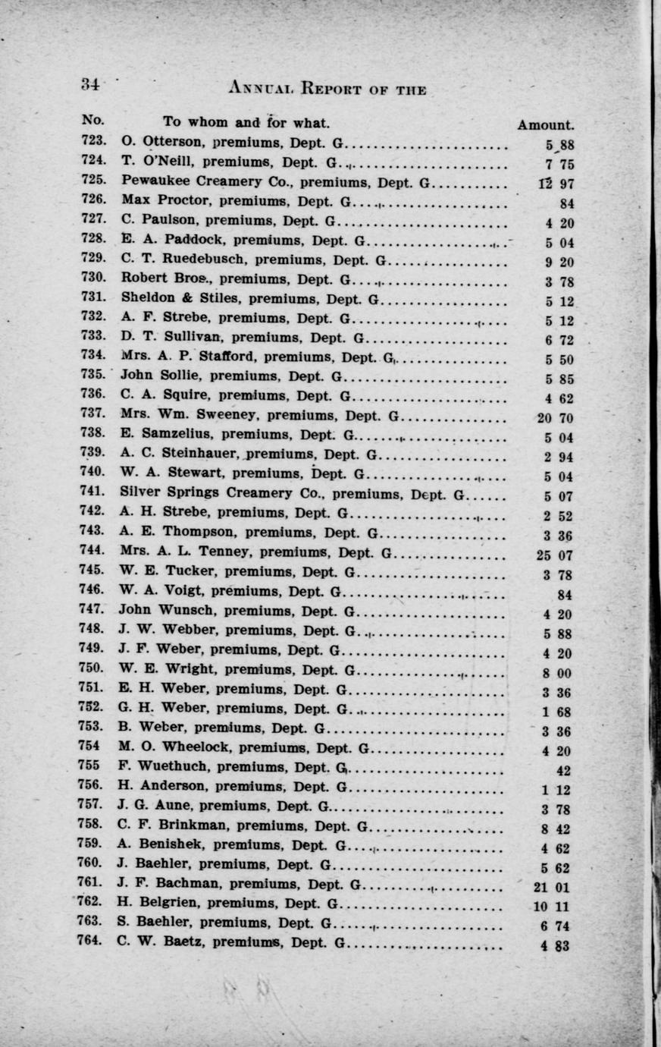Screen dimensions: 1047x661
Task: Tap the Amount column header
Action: pos(545,125)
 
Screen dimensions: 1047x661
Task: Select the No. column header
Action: pos(93,121)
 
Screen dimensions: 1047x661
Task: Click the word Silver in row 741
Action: pos(142,493)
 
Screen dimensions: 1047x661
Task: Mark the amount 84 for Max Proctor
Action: pos(565,203)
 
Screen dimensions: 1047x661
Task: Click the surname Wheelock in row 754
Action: pos(190,747)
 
